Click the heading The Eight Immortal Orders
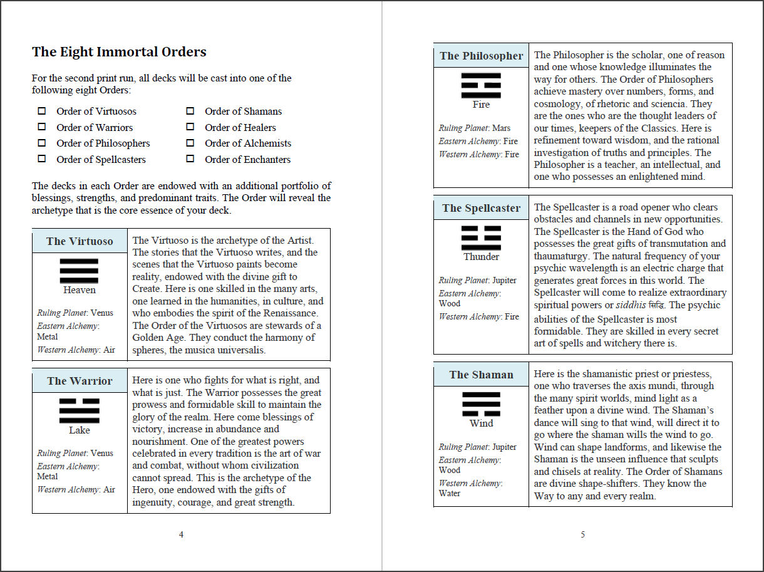pyautogui.click(x=119, y=52)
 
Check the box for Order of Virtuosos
pyautogui.click(x=42, y=111)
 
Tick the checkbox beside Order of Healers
pyautogui.click(x=190, y=127)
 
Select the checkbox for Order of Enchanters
pyautogui.click(x=190, y=159)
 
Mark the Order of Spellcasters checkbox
pyautogui.click(x=42, y=159)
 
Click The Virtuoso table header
pyautogui.click(x=80, y=241)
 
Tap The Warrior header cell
pyautogui.click(x=80, y=381)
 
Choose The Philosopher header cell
pyautogui.click(x=481, y=56)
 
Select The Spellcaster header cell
pyautogui.click(x=481, y=208)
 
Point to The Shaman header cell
pyautogui.click(x=481, y=375)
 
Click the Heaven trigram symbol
pyautogui.click(x=79, y=271)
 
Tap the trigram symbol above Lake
pyautogui.click(x=79, y=410)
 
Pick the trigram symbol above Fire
pyautogui.click(x=481, y=85)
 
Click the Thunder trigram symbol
pyautogui.click(x=481, y=237)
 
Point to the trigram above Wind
pyautogui.click(x=481, y=404)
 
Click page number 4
pyautogui.click(x=181, y=534)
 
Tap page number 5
pyautogui.click(x=582, y=534)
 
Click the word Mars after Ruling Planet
pyautogui.click(x=501, y=128)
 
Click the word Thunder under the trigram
pyautogui.click(x=481, y=257)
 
